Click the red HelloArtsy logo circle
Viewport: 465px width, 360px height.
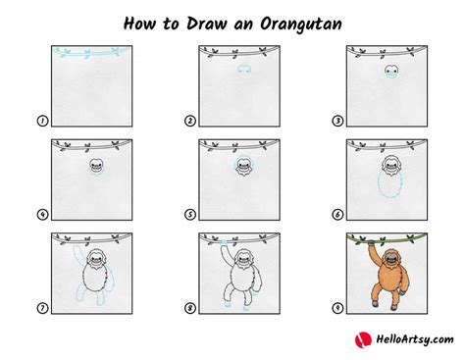362,339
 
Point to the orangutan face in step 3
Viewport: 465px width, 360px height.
390,73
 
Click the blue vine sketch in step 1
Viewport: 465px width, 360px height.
78,52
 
